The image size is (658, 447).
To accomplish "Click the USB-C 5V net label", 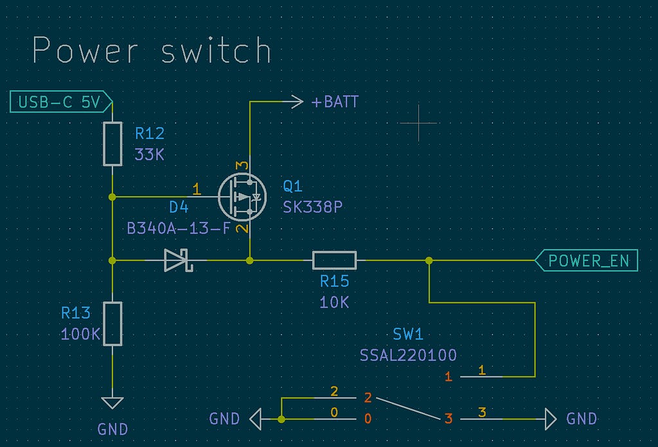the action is pyautogui.click(x=61, y=102).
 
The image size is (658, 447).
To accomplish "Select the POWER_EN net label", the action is pyautogui.click(x=586, y=260).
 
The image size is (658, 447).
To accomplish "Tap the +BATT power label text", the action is pyautogui.click(x=335, y=102).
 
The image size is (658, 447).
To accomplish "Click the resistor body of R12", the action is pyautogui.click(x=112, y=144).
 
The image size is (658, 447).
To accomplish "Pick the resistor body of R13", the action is pyautogui.click(x=112, y=324).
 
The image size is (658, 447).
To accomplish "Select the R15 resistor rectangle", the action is pyautogui.click(x=334, y=260).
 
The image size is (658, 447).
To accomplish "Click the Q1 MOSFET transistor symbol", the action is pyautogui.click(x=242, y=197).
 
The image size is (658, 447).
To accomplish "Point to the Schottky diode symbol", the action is pyautogui.click(x=179, y=260).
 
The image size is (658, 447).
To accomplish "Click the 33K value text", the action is pyautogui.click(x=149, y=155).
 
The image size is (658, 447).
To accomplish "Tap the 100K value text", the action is pyautogui.click(x=80, y=334).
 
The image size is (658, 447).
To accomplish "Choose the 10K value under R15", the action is pyautogui.click(x=334, y=302).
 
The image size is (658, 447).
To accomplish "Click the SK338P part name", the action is pyautogui.click(x=313, y=207).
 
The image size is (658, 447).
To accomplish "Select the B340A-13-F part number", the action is pyautogui.click(x=179, y=228).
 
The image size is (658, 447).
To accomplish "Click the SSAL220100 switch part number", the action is pyautogui.click(x=408, y=356).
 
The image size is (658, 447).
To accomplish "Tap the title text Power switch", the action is pyautogui.click(x=152, y=50).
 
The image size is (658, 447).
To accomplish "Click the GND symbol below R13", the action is pyautogui.click(x=112, y=403).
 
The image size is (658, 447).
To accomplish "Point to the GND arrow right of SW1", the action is pyautogui.click(x=551, y=419).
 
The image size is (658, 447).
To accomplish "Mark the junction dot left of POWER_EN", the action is pyautogui.click(x=429, y=260).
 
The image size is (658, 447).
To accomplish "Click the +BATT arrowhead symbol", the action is pyautogui.click(x=297, y=102).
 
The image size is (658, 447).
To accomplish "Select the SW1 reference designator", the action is pyautogui.click(x=408, y=334).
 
